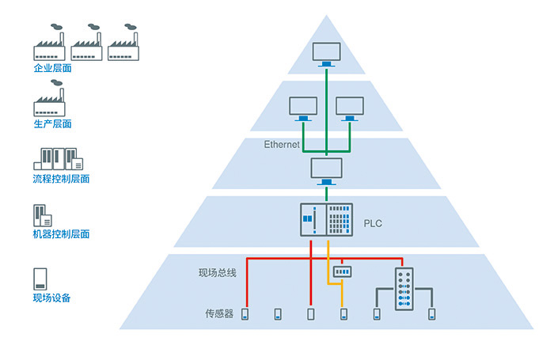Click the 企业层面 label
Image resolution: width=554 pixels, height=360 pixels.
(x=53, y=68)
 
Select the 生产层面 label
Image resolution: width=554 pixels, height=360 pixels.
(x=53, y=123)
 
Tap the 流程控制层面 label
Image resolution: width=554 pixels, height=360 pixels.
(x=61, y=179)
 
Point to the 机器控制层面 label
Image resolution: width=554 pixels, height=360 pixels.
(x=61, y=234)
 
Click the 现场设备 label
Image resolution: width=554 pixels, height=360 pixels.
(x=52, y=297)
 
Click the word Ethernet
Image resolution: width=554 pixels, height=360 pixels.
(x=282, y=144)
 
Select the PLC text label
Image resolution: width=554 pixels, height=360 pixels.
(x=373, y=223)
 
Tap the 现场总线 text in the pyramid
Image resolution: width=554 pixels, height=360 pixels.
(x=218, y=273)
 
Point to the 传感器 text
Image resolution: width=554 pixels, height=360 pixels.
(x=219, y=313)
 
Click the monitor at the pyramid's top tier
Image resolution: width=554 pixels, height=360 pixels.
(x=326, y=55)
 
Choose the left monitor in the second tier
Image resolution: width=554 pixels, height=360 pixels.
(x=303, y=109)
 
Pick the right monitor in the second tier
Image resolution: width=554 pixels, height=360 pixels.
(x=350, y=109)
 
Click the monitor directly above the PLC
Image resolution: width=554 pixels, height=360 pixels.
(x=326, y=172)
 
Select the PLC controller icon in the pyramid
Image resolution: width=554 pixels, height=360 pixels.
(x=326, y=220)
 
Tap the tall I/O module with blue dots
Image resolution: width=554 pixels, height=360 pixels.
(x=404, y=289)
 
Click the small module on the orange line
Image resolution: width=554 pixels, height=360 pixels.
(x=343, y=271)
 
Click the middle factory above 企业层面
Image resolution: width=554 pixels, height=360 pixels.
(x=86, y=43)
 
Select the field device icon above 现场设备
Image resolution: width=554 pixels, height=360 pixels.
(x=40, y=279)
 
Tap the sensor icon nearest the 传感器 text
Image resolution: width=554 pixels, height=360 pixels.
(x=245, y=314)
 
